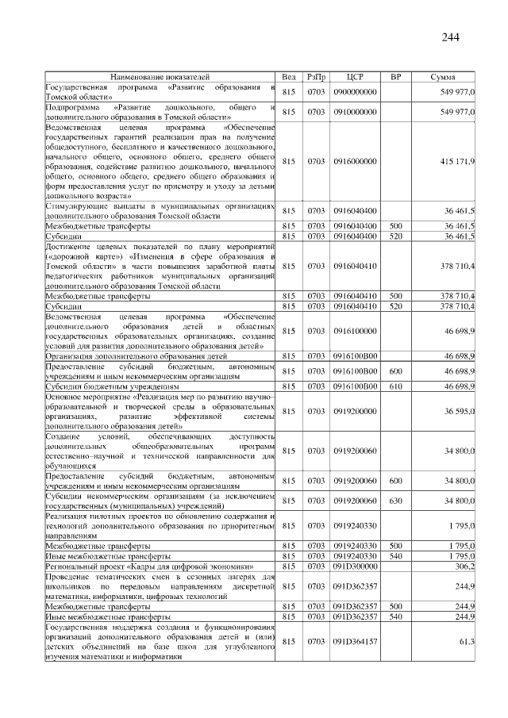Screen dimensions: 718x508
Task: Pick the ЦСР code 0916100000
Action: point(355,331)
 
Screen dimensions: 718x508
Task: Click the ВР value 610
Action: point(394,386)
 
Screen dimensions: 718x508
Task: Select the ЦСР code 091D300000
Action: point(355,566)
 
